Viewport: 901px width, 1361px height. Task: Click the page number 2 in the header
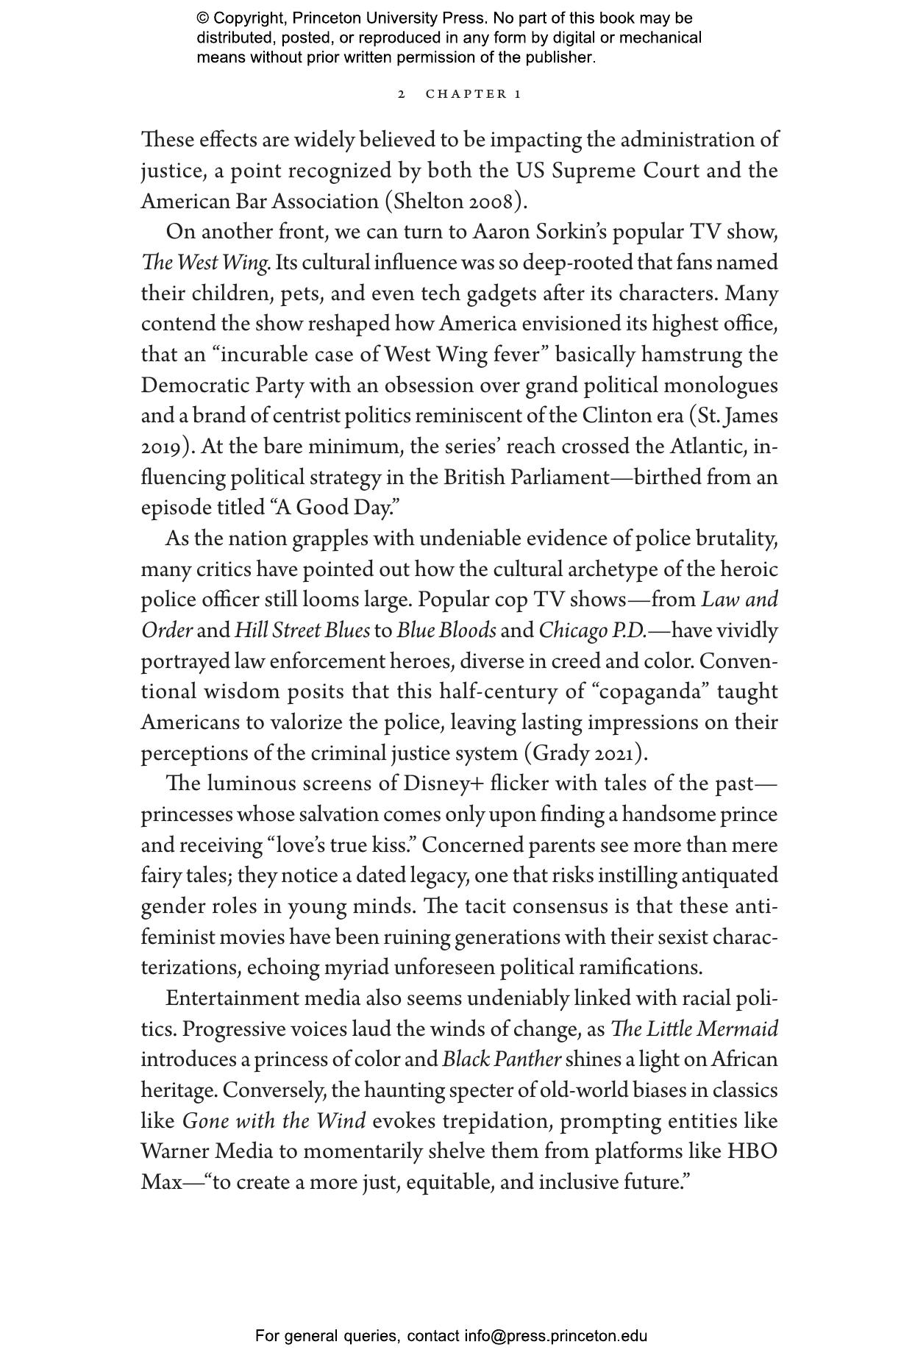[402, 94]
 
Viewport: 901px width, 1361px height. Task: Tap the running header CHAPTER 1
[474, 94]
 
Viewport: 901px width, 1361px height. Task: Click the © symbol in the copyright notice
[202, 18]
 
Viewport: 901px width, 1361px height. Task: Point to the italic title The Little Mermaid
[694, 1029]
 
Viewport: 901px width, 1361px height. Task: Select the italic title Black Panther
[502, 1060]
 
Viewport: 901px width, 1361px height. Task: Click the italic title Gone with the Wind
[274, 1122]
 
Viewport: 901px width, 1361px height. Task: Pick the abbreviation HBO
[752, 1152]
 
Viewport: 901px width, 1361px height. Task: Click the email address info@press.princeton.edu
[555, 1336]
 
